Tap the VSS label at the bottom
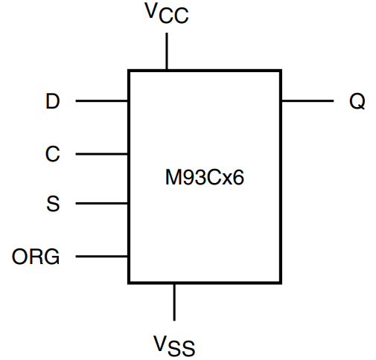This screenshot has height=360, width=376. point(175,344)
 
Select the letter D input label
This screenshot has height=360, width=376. point(52,102)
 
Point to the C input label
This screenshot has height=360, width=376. point(52,154)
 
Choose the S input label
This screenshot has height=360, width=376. point(52,204)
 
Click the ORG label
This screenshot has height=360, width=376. point(36,257)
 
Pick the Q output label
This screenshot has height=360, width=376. point(357,102)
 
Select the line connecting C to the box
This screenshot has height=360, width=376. point(102,155)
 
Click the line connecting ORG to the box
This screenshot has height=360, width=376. point(102,257)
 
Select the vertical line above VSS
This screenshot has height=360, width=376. point(174,301)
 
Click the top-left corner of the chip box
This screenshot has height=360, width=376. point(130,71)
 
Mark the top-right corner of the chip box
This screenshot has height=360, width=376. point(280,71)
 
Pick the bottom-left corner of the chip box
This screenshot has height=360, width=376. point(130,282)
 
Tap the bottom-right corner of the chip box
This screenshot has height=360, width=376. point(280,282)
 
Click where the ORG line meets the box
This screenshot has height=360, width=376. point(130,257)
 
